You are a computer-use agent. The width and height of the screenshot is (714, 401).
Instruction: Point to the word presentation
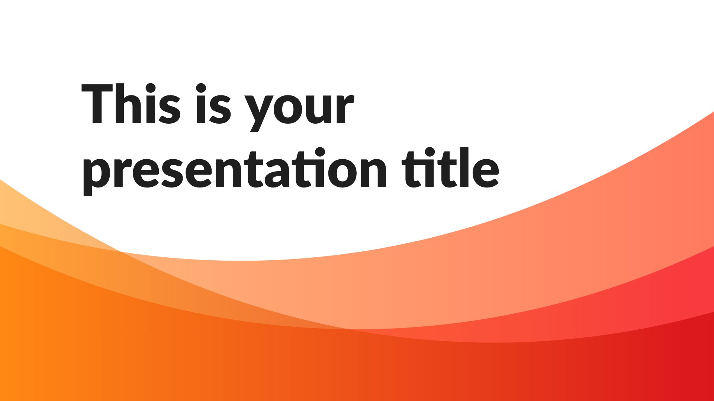235,170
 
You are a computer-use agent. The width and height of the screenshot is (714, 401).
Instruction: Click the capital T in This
97,104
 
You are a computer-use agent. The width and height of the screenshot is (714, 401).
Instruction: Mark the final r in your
344,109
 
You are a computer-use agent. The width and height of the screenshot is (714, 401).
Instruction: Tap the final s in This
170,109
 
